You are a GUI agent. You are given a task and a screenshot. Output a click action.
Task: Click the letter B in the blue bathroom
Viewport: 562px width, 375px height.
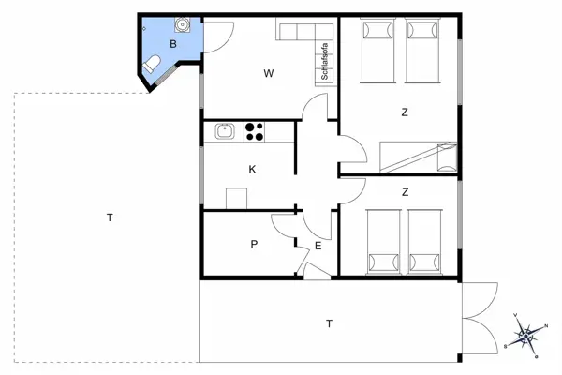coord(173,44)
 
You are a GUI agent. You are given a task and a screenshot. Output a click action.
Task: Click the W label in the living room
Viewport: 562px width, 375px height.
coord(268,73)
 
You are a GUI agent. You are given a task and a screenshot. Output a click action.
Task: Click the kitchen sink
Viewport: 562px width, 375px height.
coord(224,132)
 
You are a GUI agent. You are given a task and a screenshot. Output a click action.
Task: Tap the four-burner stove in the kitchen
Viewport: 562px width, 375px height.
coord(254,132)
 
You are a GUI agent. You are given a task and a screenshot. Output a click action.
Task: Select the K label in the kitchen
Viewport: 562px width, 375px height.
coord(252,170)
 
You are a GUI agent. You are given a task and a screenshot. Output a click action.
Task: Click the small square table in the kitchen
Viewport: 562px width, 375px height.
coord(237,198)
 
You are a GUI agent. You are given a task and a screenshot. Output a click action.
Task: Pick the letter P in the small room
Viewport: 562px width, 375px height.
coord(253,244)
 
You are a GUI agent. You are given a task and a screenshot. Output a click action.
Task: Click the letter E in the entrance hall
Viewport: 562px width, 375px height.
coord(318,246)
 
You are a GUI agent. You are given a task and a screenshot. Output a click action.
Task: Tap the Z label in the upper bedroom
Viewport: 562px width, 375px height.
coord(405,112)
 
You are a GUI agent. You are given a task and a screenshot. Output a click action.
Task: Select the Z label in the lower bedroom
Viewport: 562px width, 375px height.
coord(405,192)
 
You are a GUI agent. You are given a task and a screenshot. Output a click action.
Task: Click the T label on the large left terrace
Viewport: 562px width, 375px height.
coord(110,217)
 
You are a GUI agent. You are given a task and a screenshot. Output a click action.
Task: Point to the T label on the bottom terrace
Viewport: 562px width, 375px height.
coord(329,323)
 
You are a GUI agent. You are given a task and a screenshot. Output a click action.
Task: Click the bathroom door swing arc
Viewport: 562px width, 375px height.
coord(216,37)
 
